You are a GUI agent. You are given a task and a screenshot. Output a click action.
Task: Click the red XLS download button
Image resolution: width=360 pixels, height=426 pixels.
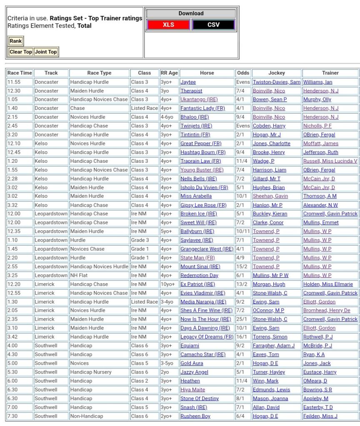click(168, 25)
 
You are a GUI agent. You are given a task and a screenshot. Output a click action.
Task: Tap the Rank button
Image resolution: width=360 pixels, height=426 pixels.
click(16, 41)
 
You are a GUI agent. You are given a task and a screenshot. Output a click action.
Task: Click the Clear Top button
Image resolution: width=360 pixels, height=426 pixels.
click(21, 52)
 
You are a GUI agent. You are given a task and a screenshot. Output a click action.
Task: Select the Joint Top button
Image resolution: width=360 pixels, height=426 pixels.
click(46, 52)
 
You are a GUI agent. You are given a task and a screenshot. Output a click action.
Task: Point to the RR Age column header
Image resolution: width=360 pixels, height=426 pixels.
click(169, 73)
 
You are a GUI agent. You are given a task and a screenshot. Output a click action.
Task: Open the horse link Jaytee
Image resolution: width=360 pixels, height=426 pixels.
click(188, 82)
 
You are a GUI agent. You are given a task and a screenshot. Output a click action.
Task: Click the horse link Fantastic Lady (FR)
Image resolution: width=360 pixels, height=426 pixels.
click(202, 108)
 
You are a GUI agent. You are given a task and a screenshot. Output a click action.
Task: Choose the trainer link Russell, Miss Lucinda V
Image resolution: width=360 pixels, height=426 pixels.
click(330, 161)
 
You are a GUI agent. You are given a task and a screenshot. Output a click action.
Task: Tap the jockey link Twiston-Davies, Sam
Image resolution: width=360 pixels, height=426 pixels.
click(276, 82)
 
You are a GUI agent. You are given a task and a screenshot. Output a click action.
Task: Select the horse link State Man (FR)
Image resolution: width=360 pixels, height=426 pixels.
click(198, 258)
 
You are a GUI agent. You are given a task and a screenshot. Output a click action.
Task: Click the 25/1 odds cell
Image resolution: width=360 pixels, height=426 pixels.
click(242, 319)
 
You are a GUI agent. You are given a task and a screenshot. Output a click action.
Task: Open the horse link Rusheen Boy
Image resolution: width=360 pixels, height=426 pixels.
click(195, 416)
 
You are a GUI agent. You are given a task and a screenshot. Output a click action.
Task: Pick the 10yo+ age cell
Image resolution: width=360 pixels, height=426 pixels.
click(168, 284)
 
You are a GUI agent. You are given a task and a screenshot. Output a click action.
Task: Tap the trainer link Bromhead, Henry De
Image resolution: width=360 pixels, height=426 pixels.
click(327, 311)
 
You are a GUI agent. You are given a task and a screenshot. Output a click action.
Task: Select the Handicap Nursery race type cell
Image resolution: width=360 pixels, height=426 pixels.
click(91, 372)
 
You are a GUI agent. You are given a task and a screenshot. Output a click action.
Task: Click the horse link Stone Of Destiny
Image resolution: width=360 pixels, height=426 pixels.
click(200, 399)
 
